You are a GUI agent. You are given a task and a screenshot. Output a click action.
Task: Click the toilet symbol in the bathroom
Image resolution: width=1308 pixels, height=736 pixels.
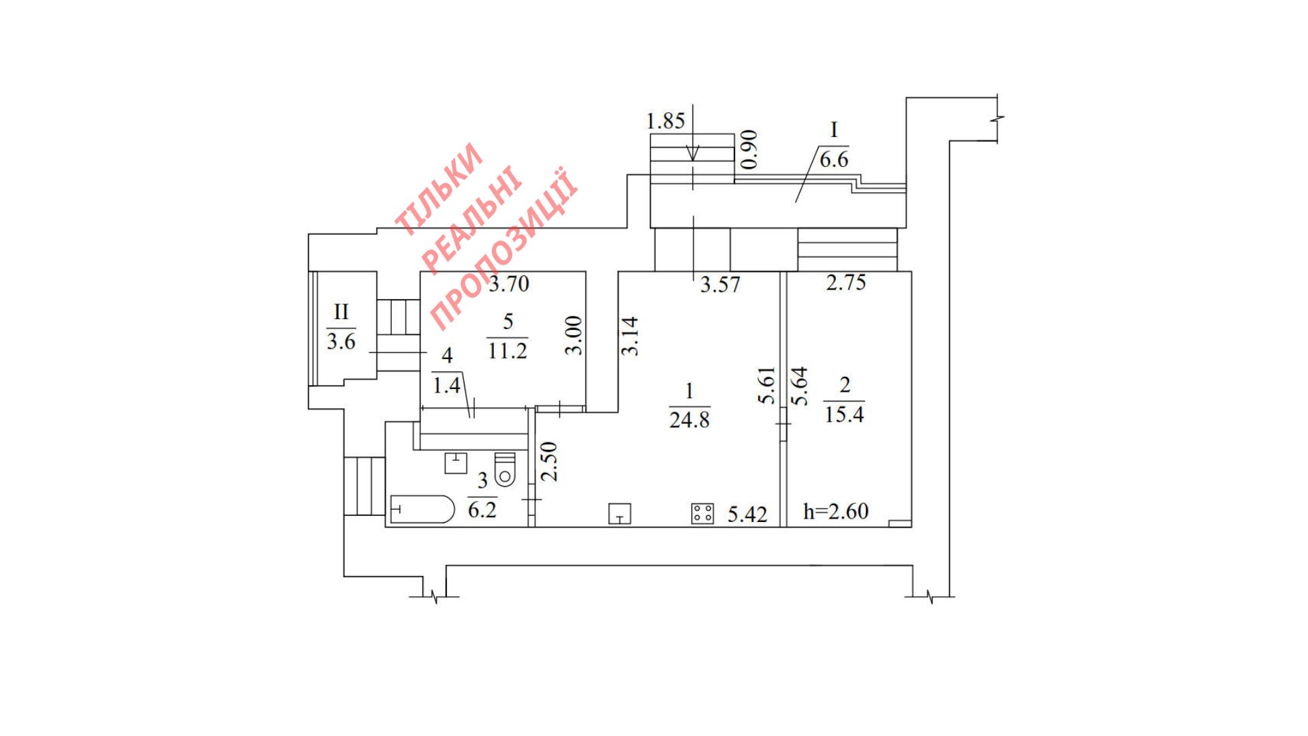(x=505, y=470)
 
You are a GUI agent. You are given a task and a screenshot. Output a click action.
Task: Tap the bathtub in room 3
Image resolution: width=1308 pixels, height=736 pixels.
(x=422, y=510)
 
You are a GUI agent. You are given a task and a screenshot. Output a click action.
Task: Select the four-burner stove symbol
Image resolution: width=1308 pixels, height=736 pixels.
(x=702, y=513)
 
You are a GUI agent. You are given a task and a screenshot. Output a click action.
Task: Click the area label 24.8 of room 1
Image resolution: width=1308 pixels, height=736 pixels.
(x=689, y=420)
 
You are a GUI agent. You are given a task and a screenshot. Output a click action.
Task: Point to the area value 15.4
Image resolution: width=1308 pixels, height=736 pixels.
(x=844, y=414)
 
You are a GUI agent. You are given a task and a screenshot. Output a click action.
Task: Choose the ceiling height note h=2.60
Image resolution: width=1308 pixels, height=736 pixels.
(x=836, y=511)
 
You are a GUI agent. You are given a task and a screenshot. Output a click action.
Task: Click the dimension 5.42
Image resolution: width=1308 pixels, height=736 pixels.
(x=747, y=514)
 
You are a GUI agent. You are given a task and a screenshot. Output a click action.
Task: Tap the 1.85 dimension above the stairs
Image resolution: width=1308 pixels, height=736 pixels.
(x=665, y=121)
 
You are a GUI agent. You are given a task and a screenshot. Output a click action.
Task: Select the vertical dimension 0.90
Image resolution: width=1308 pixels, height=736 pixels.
(x=749, y=149)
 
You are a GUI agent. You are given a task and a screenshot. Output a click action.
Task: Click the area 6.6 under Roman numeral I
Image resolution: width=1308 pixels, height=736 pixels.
(x=834, y=159)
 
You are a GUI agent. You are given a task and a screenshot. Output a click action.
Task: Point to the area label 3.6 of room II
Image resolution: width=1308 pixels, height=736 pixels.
(x=341, y=341)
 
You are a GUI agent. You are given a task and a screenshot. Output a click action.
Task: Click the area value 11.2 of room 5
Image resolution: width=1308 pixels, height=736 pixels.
(x=508, y=350)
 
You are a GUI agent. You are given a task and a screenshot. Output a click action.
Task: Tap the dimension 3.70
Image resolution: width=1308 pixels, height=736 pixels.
(x=509, y=283)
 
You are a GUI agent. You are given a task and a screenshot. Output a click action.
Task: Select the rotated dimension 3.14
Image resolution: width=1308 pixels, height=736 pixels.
(x=630, y=336)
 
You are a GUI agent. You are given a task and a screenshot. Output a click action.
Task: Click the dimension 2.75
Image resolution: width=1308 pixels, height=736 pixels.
(x=845, y=282)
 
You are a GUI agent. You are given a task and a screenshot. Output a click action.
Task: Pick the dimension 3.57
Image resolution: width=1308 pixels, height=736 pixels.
(x=720, y=284)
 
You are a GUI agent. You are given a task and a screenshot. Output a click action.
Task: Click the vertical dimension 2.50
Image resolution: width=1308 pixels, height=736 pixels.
(x=549, y=461)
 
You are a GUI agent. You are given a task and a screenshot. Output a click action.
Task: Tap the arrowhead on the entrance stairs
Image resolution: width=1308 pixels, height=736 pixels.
(x=693, y=155)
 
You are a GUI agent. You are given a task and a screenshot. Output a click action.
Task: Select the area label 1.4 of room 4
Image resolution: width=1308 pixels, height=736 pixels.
(x=446, y=386)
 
